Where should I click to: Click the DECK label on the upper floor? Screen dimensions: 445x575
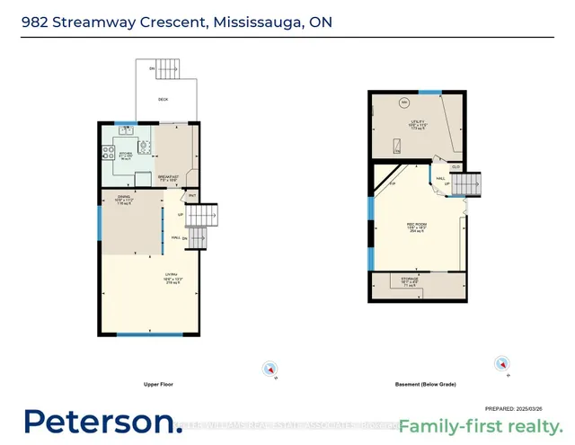(x=163, y=99)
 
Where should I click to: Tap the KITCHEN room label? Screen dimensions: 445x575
(x=126, y=154)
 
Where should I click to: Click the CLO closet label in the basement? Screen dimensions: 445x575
(x=456, y=167)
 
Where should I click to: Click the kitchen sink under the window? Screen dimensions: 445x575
(x=126, y=129)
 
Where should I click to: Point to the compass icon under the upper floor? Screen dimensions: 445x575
(x=268, y=369)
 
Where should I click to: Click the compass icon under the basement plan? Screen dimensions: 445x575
(x=501, y=364)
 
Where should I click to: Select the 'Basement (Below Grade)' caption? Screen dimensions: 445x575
(x=425, y=384)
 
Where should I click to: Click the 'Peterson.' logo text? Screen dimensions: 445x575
(x=102, y=422)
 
